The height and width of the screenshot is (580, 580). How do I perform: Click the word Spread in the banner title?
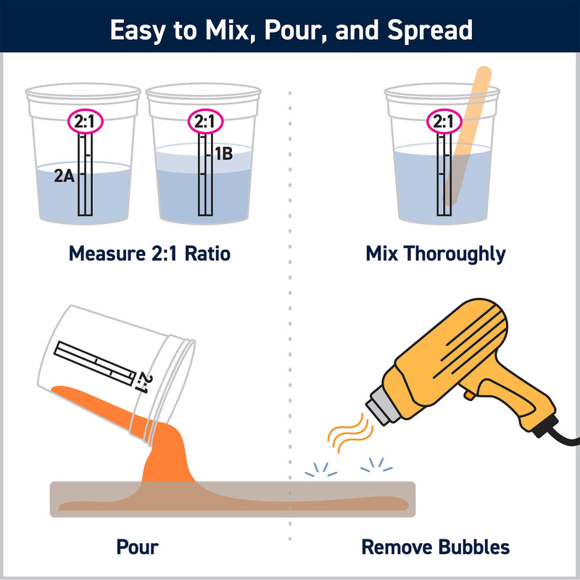click(430, 31)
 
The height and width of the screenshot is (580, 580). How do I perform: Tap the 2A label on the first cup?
click(64, 175)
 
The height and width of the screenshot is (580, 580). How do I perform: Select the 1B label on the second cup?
click(224, 154)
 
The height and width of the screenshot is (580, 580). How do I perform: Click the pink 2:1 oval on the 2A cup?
click(85, 121)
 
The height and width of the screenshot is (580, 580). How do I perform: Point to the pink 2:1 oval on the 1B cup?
click(205, 121)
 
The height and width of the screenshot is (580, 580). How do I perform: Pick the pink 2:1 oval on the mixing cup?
click(444, 121)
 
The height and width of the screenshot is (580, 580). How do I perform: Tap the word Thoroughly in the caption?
click(455, 254)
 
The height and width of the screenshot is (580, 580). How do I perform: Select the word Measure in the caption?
click(107, 254)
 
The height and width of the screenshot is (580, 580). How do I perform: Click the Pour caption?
click(137, 547)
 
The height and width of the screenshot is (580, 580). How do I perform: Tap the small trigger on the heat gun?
click(469, 394)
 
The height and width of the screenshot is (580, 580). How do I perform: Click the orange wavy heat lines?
click(350, 433)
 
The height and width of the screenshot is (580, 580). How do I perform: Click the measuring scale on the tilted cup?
click(95, 363)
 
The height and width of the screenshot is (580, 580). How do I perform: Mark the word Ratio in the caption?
click(207, 254)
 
